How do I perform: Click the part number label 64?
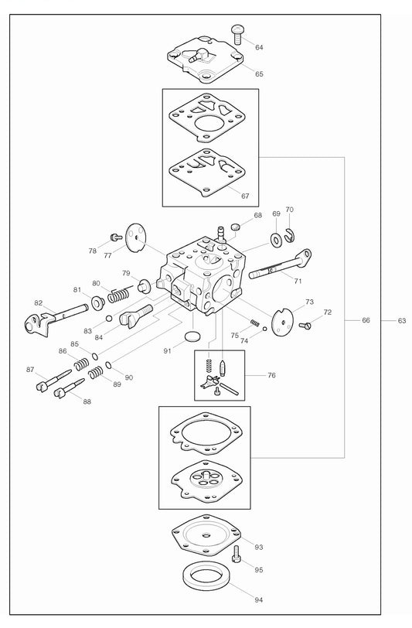[259, 47]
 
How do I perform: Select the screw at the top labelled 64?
[238, 32]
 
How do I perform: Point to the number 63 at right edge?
[401, 319]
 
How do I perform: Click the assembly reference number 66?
[366, 319]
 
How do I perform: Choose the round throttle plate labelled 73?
[284, 320]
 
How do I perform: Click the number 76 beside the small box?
[271, 375]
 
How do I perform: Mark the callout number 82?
[39, 302]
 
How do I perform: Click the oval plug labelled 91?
[193, 337]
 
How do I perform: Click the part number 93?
[259, 547]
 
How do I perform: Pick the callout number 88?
[87, 401]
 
